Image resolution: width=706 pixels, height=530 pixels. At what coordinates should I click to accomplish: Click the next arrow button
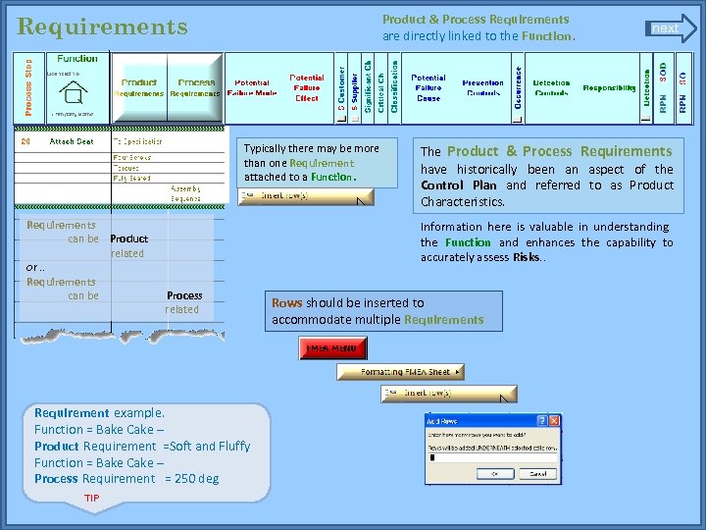coord(670,28)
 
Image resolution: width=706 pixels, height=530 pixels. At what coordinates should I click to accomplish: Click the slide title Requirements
coord(102,26)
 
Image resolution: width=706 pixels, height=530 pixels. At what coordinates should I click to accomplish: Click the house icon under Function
coord(72,93)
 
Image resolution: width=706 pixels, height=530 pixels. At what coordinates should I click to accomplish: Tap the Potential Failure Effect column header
coord(306,87)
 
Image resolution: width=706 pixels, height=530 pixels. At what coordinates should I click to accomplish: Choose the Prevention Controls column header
coord(482,88)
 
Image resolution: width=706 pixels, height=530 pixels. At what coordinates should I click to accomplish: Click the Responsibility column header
coord(609,88)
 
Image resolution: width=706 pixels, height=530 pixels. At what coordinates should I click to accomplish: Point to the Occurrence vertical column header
coord(518,88)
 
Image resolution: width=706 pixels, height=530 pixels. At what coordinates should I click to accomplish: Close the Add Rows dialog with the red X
coord(555,420)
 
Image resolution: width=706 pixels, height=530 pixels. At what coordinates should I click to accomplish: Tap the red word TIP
coord(91,499)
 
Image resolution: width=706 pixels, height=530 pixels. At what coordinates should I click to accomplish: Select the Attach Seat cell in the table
coord(72,141)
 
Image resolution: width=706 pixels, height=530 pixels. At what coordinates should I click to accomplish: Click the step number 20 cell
coord(26,141)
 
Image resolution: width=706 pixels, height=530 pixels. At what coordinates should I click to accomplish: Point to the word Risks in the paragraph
coord(527,258)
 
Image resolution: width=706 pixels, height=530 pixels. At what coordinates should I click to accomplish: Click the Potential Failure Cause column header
coord(428,87)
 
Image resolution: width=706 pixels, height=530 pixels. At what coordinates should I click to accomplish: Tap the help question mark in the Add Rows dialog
coord(545,420)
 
